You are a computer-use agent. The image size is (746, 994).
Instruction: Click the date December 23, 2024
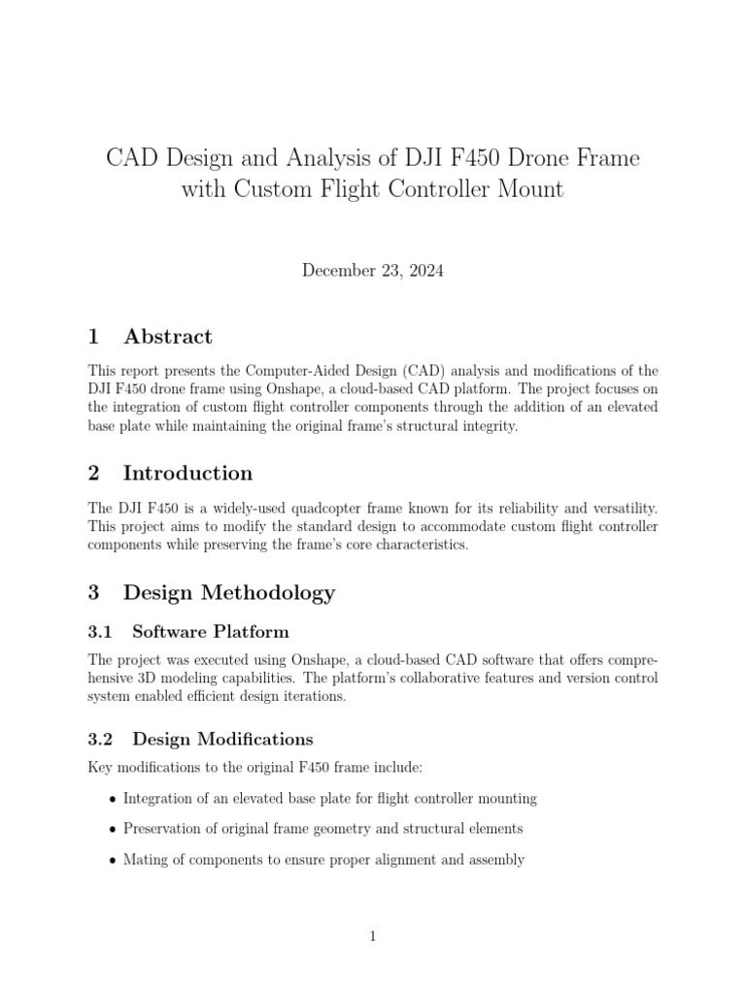click(373, 272)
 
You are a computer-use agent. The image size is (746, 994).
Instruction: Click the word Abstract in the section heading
click(168, 337)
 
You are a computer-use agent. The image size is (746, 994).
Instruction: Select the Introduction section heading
click(187, 474)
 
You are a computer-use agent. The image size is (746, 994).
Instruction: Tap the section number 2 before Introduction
click(94, 474)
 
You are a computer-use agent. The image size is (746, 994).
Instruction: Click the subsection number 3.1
click(101, 632)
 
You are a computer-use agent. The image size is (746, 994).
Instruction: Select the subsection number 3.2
click(101, 739)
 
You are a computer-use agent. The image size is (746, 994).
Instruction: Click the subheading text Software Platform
click(211, 632)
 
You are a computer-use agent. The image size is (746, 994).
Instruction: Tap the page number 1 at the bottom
click(373, 936)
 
